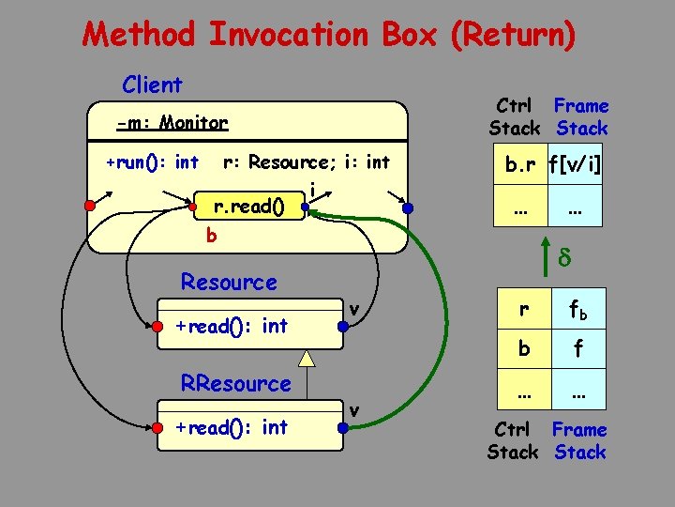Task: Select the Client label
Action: [152, 84]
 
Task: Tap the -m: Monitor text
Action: [172, 123]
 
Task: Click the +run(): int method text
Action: [152, 162]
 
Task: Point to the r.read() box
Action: [248, 205]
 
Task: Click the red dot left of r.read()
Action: [193, 205]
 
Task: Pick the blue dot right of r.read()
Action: [306, 205]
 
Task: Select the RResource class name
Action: [235, 383]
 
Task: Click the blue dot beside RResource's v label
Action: [343, 429]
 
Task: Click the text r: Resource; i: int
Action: [306, 162]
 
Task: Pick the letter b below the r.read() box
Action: [211, 236]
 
